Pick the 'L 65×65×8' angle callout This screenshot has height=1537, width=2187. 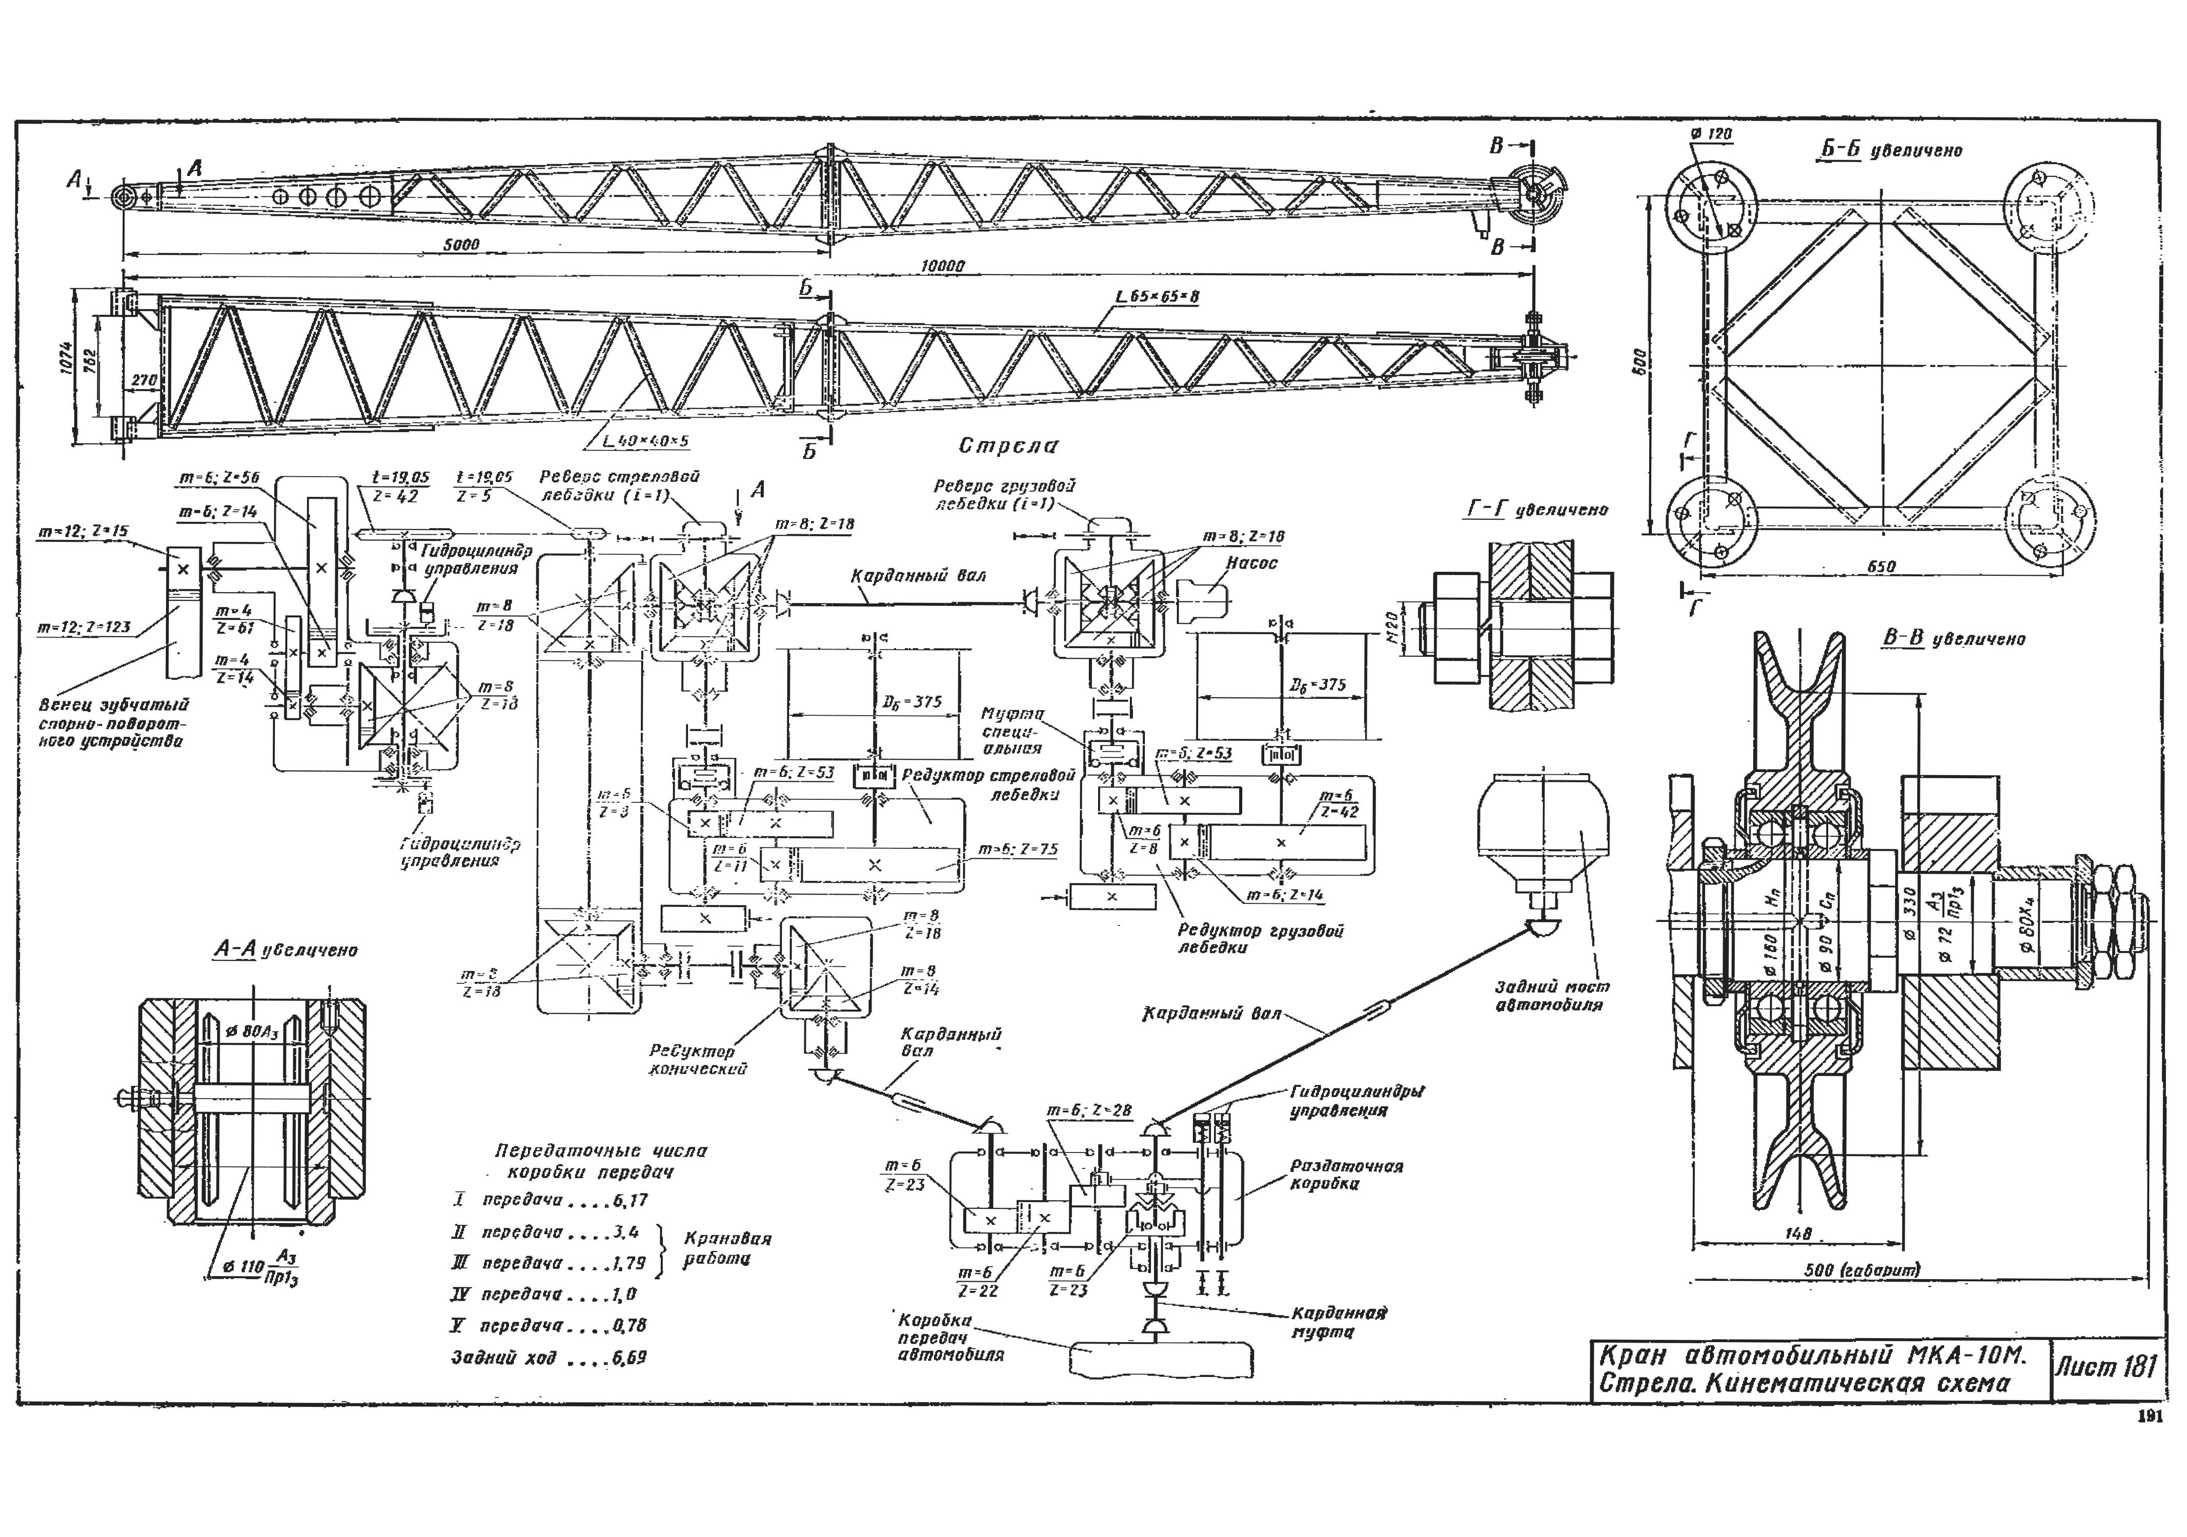pos(1157,297)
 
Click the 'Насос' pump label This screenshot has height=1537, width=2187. pos(1251,563)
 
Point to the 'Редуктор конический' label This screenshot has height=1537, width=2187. pos(695,1060)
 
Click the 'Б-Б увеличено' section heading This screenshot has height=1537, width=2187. pos(1891,150)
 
